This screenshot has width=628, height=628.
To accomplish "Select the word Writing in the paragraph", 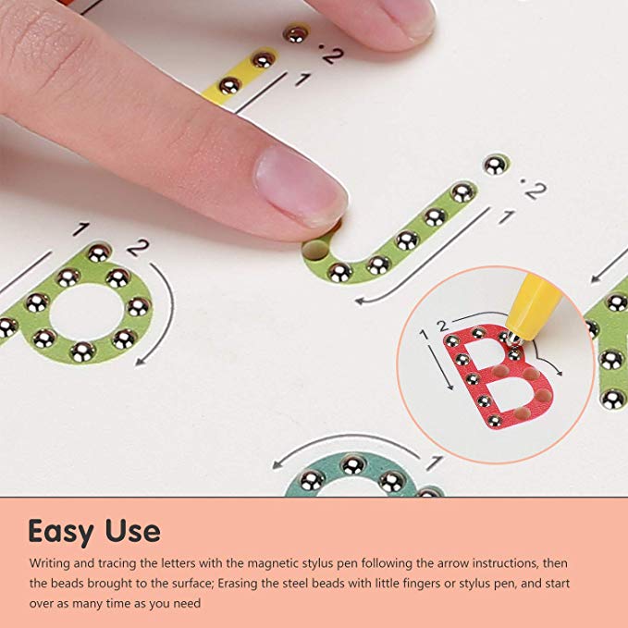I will (49, 562).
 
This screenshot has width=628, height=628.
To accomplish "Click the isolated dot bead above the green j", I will (494, 165).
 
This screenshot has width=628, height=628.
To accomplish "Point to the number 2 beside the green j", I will (534, 191).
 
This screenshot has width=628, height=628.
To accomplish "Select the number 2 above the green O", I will (138, 247).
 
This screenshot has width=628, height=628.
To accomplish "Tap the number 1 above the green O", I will (82, 229).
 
